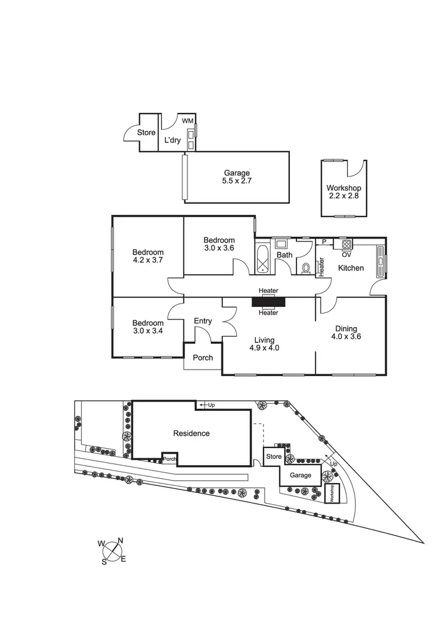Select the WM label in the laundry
[x=187, y=120]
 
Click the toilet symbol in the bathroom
[x=306, y=268]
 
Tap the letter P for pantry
[x=324, y=242]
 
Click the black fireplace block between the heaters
[x=268, y=302]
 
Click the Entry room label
[x=203, y=321]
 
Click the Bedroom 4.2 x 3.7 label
[x=148, y=257]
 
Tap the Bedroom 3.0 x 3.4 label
[x=147, y=327]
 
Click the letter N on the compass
[x=121, y=540]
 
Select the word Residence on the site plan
[x=191, y=433]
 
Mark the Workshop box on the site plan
[x=332, y=493]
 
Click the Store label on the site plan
[x=273, y=456]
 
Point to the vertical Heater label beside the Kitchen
[x=322, y=267]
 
